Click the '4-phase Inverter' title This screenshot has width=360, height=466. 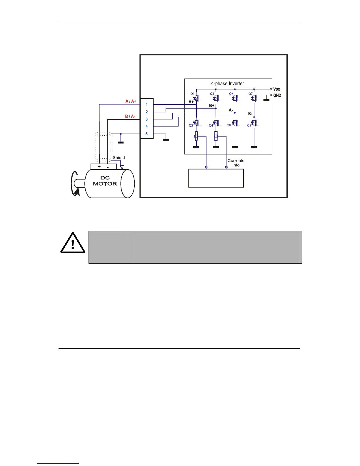click(227, 84)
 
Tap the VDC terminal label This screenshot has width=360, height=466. click(277, 89)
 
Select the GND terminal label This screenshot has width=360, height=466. click(277, 95)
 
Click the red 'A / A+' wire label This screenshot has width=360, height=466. click(131, 101)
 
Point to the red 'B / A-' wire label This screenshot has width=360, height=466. click(130, 116)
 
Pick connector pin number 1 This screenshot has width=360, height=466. click(147, 104)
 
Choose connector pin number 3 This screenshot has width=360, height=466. click(147, 119)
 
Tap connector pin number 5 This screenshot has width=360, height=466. click(147, 134)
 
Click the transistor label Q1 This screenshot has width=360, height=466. click(192, 94)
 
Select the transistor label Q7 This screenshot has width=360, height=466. click(251, 94)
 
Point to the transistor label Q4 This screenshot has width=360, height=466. click(211, 126)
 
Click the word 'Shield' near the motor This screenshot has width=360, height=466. click(119, 158)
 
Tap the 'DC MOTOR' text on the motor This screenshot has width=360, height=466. click(105, 181)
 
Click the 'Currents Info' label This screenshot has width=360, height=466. click(236, 163)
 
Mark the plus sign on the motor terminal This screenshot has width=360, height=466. click(99, 167)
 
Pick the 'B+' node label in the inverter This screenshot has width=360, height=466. click(211, 105)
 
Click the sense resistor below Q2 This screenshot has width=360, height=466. click(196, 136)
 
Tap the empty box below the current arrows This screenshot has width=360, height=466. click(216, 178)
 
